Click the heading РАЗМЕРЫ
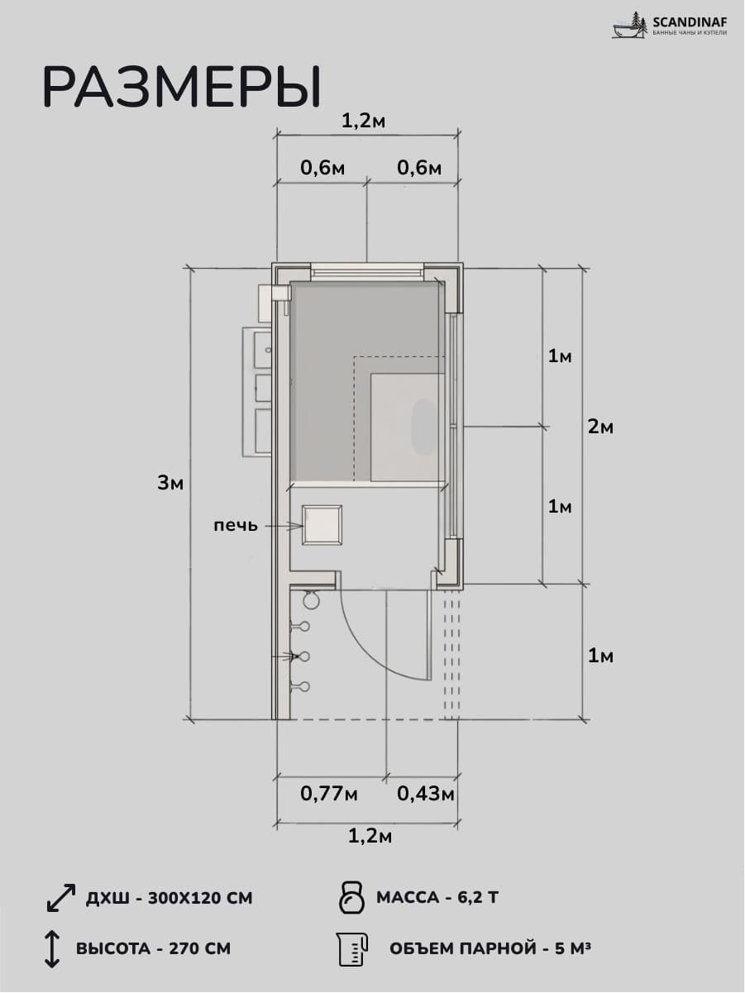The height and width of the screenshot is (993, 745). [182, 87]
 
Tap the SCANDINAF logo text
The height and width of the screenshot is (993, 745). [690, 21]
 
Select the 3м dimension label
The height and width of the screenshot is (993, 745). [170, 484]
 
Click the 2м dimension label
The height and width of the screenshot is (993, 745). [600, 427]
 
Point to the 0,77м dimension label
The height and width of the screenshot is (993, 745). [329, 794]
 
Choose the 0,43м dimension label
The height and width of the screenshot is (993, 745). [426, 794]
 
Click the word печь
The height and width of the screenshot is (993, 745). [236, 525]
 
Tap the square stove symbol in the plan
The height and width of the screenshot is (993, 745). [322, 525]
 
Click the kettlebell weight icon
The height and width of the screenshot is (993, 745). [352, 896]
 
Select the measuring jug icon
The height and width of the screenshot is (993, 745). [352, 948]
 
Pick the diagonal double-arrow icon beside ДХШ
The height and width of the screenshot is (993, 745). [61, 897]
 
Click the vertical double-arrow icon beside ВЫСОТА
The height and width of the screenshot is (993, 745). [52, 948]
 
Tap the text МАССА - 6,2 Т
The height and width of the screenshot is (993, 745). [437, 896]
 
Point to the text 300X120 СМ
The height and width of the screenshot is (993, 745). [200, 898]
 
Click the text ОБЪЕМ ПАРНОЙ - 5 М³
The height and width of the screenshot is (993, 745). [490, 948]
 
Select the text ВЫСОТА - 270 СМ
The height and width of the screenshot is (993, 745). [153, 948]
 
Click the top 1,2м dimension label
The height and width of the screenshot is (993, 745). [363, 121]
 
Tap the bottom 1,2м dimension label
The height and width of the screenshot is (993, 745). [370, 837]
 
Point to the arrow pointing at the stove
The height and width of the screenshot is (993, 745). [284, 526]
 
